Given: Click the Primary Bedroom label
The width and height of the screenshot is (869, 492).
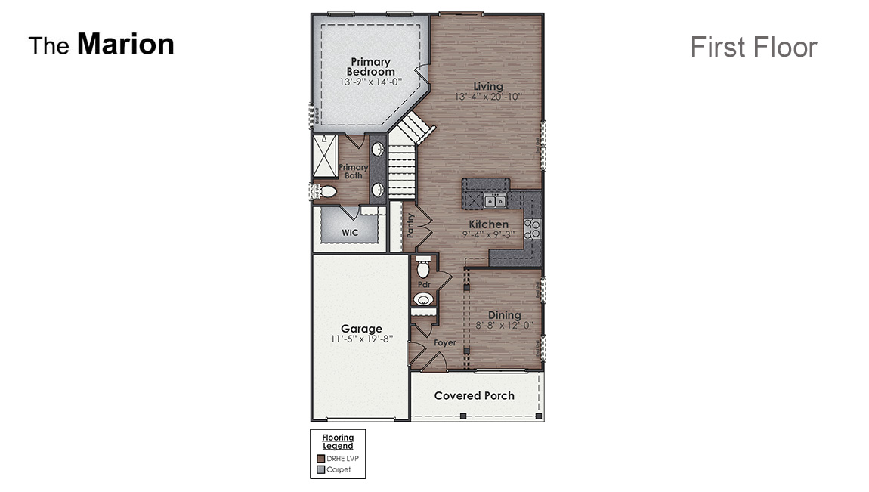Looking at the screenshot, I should click(371, 67).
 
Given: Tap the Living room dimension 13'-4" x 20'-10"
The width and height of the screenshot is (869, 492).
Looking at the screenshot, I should click(488, 97).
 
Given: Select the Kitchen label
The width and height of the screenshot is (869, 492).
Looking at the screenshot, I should click(488, 224).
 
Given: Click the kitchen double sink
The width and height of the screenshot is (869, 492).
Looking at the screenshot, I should click(495, 201).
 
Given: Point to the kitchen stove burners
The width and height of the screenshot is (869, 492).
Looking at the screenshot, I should click(533, 229).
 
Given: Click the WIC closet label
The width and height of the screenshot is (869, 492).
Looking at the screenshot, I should click(350, 233).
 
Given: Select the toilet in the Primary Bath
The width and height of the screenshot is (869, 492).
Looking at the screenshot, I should click(326, 192).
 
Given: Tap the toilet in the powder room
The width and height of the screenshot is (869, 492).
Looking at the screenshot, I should click(423, 268).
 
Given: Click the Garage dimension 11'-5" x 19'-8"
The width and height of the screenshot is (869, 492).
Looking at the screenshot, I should click(361, 339).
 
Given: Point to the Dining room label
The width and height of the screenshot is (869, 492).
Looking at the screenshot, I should click(504, 315).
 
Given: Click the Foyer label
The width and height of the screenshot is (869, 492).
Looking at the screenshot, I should click(444, 343).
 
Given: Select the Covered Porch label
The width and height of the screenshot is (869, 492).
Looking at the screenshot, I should click(474, 396).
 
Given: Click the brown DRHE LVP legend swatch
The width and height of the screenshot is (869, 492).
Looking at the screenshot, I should click(320, 459).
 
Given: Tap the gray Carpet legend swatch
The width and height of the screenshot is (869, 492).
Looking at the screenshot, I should click(320, 469).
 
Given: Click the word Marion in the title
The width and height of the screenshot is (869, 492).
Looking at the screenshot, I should click(125, 44).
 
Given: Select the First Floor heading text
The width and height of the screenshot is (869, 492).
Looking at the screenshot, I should click(753, 47).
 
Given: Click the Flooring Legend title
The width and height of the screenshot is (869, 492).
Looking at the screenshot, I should click(338, 441).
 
